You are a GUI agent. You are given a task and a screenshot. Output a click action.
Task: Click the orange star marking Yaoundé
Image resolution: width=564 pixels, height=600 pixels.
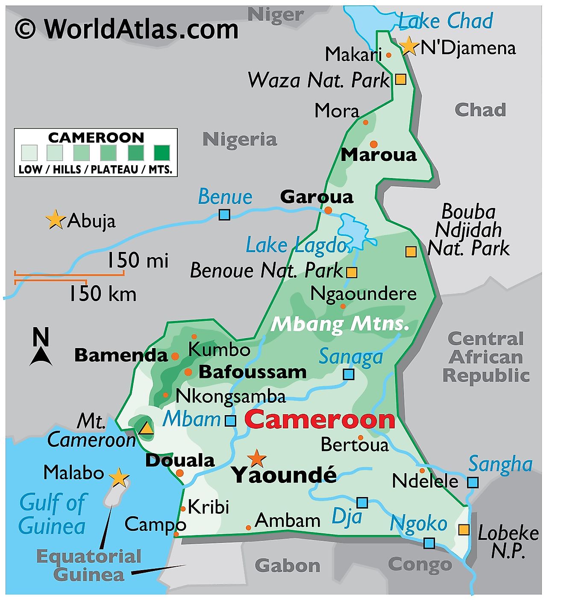point(256,458)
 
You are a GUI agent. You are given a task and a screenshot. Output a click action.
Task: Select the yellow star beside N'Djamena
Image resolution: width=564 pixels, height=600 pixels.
point(409,46)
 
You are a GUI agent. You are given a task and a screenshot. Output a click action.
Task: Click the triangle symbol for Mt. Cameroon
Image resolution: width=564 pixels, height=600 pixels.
point(147,428)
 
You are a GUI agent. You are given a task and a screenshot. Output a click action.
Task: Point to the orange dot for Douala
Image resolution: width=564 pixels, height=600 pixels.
point(180,473)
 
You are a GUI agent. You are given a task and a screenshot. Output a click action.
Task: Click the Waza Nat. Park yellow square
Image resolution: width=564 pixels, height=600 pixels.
point(400,79)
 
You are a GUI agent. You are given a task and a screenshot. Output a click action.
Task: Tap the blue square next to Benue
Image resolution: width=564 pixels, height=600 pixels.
point(224,214)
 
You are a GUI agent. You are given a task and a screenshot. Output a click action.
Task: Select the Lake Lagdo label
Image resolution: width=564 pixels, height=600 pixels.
point(297,245)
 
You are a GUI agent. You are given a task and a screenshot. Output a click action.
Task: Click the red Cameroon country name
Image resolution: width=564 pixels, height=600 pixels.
point(320,419)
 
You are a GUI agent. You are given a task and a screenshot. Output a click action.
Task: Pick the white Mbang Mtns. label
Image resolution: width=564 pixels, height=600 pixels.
point(340,324)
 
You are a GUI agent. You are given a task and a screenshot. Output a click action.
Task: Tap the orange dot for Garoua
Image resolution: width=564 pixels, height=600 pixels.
point(328,210)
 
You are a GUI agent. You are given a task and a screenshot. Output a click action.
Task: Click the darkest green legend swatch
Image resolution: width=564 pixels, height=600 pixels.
point(162,152)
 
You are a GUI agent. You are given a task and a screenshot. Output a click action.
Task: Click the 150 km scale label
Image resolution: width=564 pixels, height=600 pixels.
point(103,294)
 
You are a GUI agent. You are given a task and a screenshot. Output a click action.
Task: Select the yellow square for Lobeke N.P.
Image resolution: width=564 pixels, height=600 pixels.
point(464,530)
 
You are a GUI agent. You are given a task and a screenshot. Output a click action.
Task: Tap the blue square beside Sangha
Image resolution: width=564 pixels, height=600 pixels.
point(473,483)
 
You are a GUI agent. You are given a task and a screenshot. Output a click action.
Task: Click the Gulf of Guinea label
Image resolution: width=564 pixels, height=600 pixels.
point(52,514)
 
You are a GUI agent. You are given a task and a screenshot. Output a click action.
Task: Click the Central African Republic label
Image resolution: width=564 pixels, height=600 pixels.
point(486,357)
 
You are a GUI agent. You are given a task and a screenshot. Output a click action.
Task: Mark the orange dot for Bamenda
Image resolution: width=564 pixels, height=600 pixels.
point(175,356)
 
